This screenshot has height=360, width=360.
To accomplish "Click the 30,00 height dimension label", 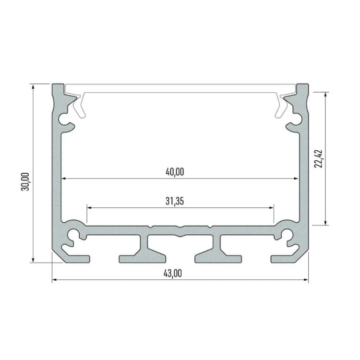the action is click(x=25, y=181).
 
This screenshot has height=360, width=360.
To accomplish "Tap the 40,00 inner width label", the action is click(x=175, y=172).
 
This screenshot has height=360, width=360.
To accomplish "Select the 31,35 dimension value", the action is click(x=175, y=201).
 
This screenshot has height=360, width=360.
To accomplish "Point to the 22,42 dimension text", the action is click(x=319, y=159).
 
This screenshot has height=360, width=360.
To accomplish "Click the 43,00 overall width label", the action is click(x=173, y=274).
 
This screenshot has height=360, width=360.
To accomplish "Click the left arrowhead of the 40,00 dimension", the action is click(x=64, y=178).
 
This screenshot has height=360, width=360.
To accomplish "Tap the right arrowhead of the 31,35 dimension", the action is click(x=271, y=207).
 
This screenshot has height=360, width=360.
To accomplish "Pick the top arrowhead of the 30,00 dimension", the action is click(x=33, y=87).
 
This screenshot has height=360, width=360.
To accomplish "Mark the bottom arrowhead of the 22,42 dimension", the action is click(x=325, y=222).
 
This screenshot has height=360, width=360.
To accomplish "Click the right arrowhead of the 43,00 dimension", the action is click(x=306, y=280).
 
